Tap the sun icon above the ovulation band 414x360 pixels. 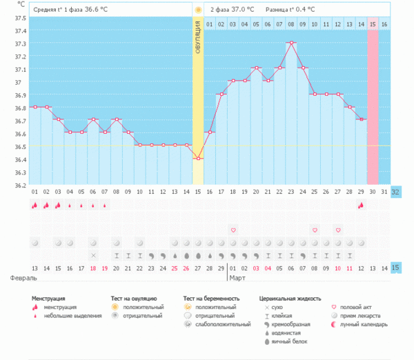coord(198,10)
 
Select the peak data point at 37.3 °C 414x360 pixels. coord(292,43)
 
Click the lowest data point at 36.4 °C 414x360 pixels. coord(198,159)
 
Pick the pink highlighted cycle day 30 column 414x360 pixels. coord(373,103)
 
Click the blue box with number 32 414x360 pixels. coord(396,191)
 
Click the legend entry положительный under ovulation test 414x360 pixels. coord(143,307)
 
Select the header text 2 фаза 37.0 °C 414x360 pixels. coord(233,10)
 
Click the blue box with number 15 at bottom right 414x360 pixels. coord(396,268)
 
